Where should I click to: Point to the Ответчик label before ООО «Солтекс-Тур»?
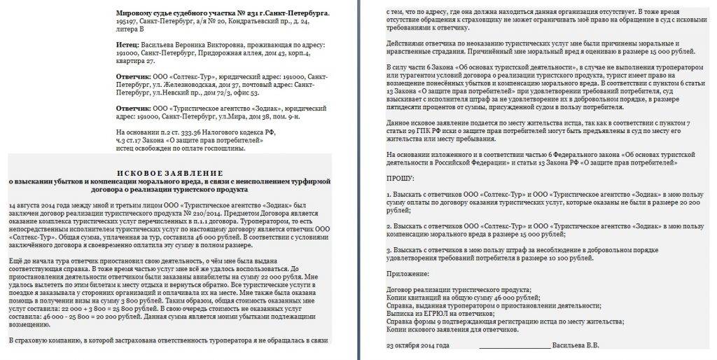[x=134, y=75]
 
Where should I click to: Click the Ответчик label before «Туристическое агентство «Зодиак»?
[x=134, y=109]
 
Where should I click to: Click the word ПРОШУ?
[x=401, y=179]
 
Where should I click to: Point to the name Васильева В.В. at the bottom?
[x=576, y=345]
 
